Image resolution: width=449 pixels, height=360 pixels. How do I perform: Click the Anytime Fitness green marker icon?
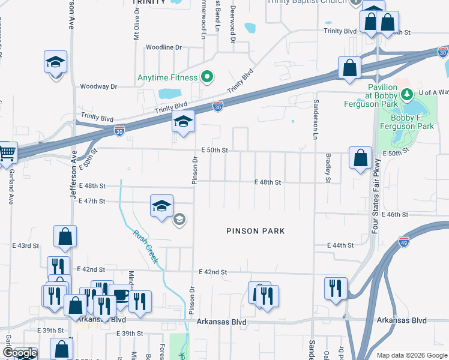point(207,77)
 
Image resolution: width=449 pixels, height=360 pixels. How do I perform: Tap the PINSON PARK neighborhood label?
point(255,231)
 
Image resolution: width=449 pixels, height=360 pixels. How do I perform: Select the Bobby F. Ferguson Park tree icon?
point(407,94)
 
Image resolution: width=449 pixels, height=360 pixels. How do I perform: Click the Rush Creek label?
point(146,247)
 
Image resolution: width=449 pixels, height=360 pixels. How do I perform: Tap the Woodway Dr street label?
point(98,86)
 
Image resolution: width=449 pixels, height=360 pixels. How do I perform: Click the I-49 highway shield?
point(404,242)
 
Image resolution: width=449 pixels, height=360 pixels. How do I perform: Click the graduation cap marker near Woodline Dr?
point(55,62)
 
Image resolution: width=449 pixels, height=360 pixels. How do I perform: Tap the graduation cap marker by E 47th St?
point(161,206)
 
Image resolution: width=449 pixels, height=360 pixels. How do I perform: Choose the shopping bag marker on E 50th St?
point(361,158)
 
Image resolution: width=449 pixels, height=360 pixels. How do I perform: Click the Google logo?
point(20,353)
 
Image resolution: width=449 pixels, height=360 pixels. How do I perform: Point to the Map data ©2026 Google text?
point(412,355)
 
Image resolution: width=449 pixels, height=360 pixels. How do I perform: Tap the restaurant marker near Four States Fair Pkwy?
point(335,288)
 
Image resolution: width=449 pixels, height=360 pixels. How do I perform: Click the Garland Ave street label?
point(11,187)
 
